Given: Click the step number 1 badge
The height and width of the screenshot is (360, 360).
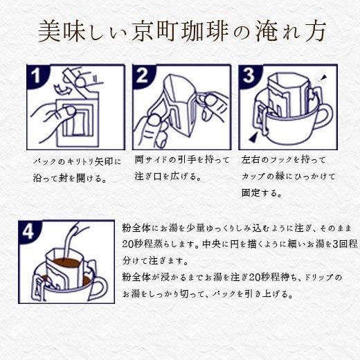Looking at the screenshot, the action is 36,75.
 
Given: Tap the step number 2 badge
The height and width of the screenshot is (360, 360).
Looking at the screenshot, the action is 142,75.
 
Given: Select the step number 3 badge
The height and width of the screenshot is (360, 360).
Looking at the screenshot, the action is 248,75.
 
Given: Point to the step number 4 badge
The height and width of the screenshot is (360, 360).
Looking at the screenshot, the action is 28,231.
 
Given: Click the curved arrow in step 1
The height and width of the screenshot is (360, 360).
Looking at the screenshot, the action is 62,89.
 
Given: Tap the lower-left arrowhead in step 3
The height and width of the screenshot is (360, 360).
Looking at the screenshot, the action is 254,138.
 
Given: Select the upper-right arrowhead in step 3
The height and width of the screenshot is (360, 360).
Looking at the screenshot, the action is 324,78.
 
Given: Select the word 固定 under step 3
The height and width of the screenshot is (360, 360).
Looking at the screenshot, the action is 251,193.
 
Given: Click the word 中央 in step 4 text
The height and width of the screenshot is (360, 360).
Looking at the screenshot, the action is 211,244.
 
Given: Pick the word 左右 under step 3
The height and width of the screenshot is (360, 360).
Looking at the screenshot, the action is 251,160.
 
